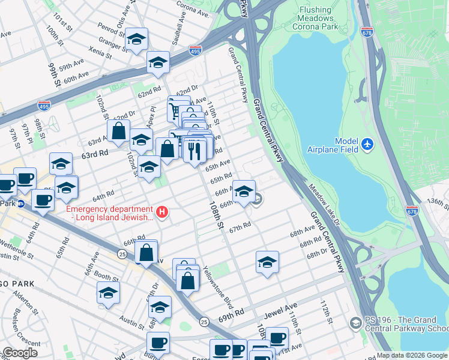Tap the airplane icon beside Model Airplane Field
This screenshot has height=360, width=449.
pyautogui.click(x=367, y=145)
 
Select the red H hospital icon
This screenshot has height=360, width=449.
pyautogui.click(x=161, y=212)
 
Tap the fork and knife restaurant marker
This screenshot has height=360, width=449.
pyautogui.click(x=194, y=151)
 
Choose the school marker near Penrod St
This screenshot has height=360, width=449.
pyautogui.click(x=137, y=40)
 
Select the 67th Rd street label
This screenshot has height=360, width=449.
pyautogui.click(x=238, y=227)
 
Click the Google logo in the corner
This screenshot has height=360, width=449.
pyautogui.click(x=19, y=353)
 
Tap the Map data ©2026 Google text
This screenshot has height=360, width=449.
pyautogui.click(x=412, y=355)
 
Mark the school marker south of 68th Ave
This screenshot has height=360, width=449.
pyautogui.click(x=267, y=262)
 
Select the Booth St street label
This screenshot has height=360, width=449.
pyautogui.click(x=106, y=278)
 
